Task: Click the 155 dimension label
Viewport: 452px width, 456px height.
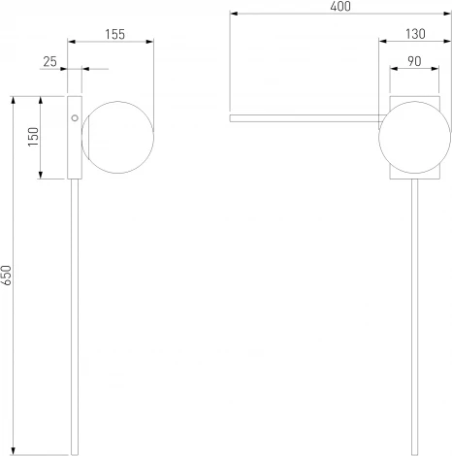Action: [x=114, y=35]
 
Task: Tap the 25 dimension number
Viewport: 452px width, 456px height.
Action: [x=49, y=61]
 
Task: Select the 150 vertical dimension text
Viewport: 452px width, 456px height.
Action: [x=33, y=137]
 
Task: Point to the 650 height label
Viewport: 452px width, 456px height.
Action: [x=6, y=276]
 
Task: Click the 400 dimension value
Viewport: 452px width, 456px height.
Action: [x=340, y=7]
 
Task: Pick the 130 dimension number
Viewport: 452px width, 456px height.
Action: [x=415, y=34]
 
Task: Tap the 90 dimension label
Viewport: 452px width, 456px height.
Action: [x=414, y=61]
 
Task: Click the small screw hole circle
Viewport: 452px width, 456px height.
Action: [x=75, y=118]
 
